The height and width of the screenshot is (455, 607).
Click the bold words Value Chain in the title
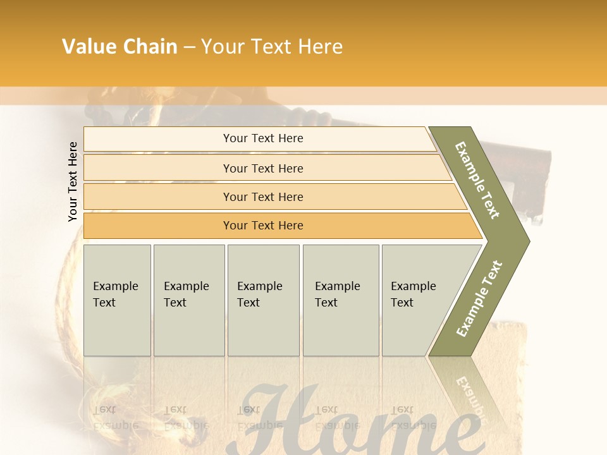(x=120, y=47)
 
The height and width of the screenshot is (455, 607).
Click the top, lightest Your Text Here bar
(x=263, y=138)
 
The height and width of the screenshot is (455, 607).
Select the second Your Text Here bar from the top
(x=263, y=168)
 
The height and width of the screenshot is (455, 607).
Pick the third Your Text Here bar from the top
(x=263, y=197)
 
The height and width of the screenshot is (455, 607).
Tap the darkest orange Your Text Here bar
(x=263, y=226)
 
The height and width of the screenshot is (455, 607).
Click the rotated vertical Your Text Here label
(x=73, y=181)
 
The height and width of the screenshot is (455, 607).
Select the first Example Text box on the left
(x=116, y=300)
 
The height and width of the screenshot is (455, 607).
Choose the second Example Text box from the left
(x=188, y=300)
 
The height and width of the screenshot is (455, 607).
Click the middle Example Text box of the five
(x=263, y=300)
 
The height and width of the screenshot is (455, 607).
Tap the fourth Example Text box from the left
(x=340, y=300)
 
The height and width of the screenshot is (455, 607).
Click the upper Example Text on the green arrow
(x=478, y=180)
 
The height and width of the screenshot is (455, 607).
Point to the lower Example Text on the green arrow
(x=479, y=298)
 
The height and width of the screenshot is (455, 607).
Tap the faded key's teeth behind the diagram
(x=537, y=190)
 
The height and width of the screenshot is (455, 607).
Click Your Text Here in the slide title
(x=272, y=47)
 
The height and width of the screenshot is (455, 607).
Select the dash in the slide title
(x=189, y=47)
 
